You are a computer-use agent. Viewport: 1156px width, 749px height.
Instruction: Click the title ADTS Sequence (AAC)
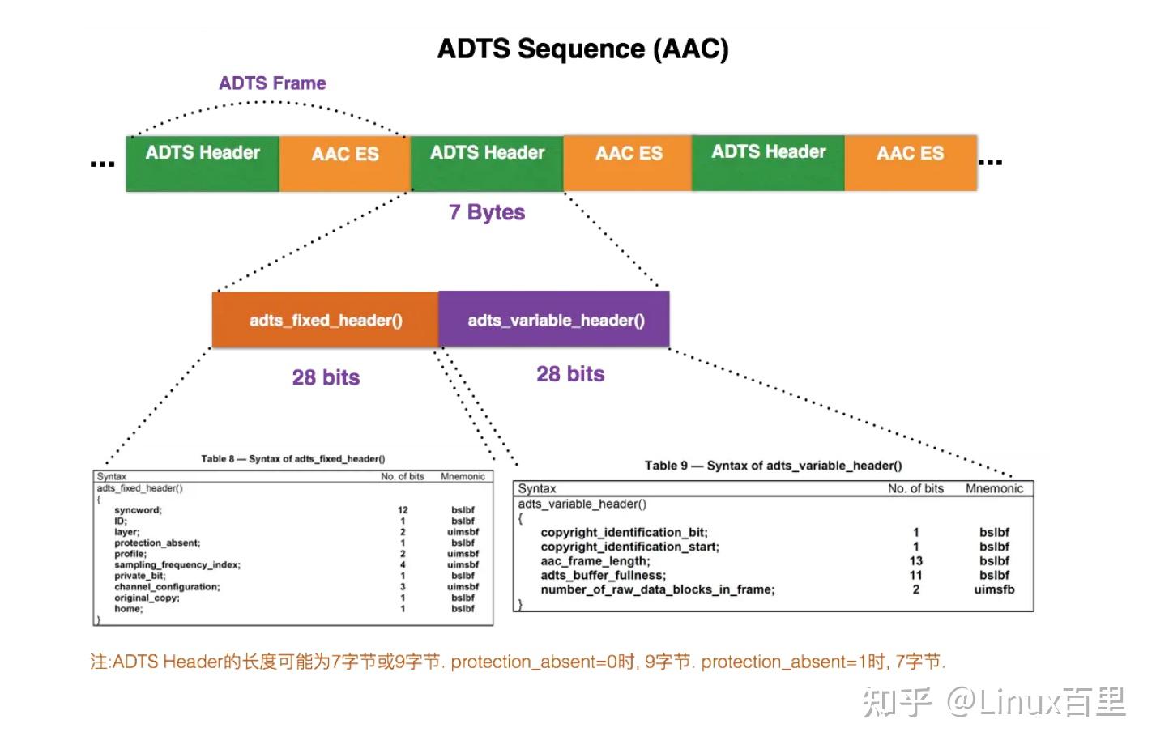point(582,49)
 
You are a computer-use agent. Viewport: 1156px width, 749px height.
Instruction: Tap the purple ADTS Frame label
point(272,83)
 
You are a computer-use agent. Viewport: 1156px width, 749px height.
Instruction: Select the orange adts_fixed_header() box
point(325,320)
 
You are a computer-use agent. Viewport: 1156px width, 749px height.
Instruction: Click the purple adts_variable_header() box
point(555,320)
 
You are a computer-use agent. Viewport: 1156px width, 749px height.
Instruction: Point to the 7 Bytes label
point(486,212)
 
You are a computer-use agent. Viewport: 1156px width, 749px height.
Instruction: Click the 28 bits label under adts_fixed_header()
point(326,377)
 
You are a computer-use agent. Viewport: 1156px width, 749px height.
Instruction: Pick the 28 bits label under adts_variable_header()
point(570,374)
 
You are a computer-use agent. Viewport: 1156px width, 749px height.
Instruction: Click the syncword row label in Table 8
point(138,510)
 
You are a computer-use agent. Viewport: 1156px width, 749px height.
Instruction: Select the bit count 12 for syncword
point(403,510)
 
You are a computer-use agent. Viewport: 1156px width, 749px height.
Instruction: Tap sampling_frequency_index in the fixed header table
point(177,565)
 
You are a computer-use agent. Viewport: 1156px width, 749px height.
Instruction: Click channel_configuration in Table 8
point(167,587)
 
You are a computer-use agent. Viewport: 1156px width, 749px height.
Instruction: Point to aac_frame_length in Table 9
point(595,561)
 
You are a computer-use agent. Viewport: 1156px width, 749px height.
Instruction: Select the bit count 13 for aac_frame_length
point(915,561)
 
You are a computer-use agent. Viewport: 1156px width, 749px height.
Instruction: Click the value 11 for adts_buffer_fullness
point(915,576)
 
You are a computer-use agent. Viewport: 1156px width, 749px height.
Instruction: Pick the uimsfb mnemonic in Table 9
point(994,589)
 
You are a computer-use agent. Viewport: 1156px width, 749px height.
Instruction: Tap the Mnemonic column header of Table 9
point(994,488)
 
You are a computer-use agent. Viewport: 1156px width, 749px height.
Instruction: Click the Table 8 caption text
point(292,459)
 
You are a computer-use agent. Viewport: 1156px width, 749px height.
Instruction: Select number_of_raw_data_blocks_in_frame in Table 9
point(657,589)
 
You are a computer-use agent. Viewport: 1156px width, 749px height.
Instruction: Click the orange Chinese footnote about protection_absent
point(517,662)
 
